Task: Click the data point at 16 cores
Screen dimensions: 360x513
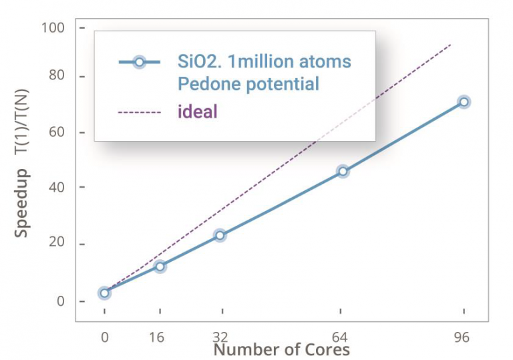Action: tap(160, 266)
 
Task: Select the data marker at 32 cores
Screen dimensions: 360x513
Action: tap(220, 235)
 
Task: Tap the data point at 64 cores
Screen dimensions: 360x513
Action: tap(343, 171)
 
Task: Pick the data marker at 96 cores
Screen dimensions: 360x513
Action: tap(464, 102)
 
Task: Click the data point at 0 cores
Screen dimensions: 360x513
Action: tap(104, 293)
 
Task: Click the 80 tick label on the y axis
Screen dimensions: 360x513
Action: tap(57, 76)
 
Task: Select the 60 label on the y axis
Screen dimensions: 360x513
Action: tap(57, 132)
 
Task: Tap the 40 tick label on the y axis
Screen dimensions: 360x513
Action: tap(57, 187)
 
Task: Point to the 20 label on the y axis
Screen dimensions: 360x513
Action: tap(57, 244)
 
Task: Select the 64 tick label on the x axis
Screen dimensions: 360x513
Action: tap(341, 337)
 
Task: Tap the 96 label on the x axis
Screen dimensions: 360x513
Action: tap(462, 337)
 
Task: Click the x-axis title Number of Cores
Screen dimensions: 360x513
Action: tap(281, 349)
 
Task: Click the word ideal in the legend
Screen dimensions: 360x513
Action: tap(197, 111)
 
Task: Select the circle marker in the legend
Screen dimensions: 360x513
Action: tap(139, 62)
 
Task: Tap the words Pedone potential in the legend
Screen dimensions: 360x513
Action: tap(248, 84)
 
